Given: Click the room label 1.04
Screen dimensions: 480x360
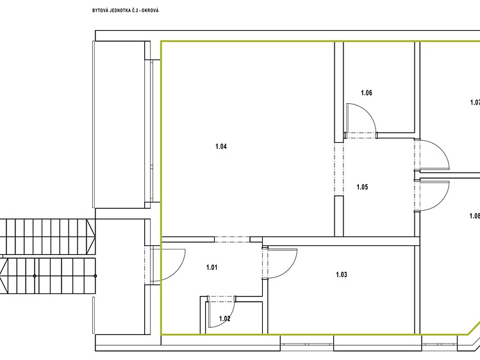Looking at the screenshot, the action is [x=221, y=146].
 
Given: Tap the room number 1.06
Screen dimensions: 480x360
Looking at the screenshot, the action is [x=367, y=93].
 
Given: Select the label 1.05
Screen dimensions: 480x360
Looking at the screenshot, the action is [x=362, y=187].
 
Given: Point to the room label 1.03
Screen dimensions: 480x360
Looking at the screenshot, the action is [x=342, y=275].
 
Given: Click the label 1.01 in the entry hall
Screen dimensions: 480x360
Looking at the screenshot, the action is [x=212, y=267].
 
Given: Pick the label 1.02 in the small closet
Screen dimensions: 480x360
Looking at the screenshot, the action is [x=224, y=318].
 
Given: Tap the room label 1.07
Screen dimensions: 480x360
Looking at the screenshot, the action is [x=475, y=102].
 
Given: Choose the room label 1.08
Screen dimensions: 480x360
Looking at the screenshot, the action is [x=474, y=216].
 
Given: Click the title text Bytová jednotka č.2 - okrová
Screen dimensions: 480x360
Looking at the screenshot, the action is [x=126, y=11].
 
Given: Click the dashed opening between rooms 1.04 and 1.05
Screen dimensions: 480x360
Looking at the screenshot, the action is [x=339, y=169].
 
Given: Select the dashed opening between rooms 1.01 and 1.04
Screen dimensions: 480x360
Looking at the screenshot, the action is [x=232, y=240].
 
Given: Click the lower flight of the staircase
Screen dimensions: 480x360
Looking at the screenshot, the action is [x=48, y=276].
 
